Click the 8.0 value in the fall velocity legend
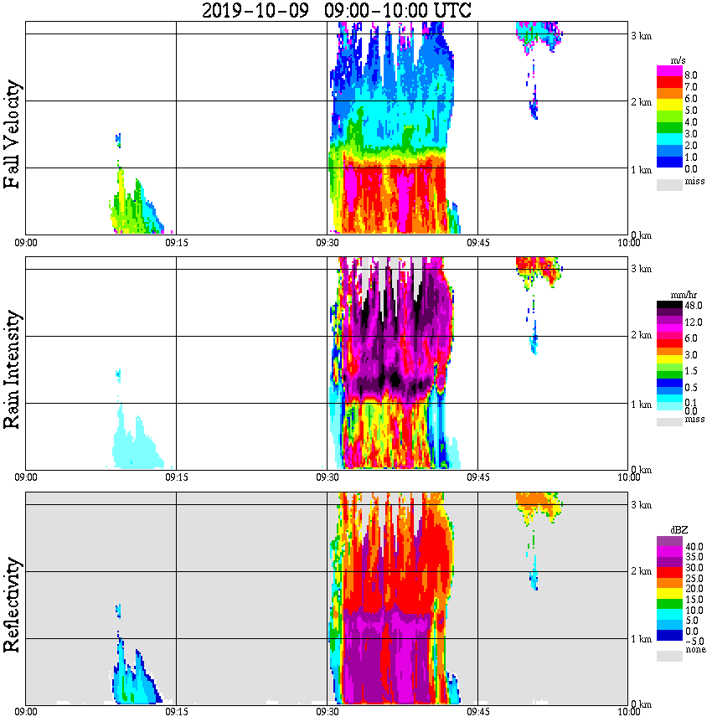point(690,75)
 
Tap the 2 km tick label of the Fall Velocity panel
point(641,102)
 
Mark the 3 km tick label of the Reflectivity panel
point(641,504)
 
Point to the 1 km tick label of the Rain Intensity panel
point(641,405)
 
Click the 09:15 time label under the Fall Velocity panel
point(176,242)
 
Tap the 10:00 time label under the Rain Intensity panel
point(628,477)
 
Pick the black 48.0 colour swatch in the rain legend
point(669,307)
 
